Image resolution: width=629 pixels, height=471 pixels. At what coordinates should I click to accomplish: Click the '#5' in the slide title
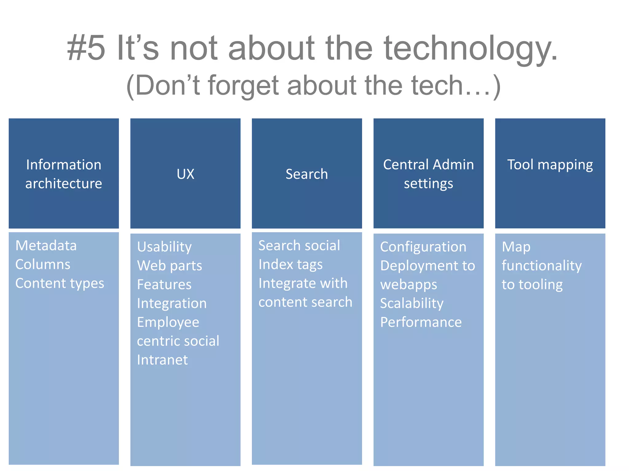click(86, 48)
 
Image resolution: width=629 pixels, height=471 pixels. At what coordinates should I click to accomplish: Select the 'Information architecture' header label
click(64, 174)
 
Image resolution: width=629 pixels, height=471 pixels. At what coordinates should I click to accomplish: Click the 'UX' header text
click(186, 174)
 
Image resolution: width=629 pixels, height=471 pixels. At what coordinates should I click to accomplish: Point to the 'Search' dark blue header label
click(307, 174)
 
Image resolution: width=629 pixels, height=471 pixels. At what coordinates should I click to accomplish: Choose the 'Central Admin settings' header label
click(428, 174)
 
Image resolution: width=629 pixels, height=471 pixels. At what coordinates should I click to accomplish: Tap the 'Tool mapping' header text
click(550, 165)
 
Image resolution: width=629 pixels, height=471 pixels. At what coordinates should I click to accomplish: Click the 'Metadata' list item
click(46, 246)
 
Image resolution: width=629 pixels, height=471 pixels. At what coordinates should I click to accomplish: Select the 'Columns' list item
click(43, 265)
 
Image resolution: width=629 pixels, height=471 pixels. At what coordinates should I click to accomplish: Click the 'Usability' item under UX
click(164, 247)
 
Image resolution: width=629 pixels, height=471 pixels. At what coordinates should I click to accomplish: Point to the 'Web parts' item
click(170, 266)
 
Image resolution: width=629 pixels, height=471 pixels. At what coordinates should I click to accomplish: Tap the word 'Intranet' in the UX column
click(162, 360)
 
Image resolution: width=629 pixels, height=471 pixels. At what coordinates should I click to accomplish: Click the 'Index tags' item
click(291, 265)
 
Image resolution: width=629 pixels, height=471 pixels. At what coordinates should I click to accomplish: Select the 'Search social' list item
click(299, 246)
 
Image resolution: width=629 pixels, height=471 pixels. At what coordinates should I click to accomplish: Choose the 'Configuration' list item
click(423, 247)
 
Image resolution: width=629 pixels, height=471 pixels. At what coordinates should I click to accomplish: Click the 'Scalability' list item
click(412, 304)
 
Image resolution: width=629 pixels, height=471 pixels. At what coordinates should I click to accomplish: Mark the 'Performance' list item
click(421, 322)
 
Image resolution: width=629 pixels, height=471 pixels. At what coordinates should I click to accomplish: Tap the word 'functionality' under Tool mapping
click(541, 266)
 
